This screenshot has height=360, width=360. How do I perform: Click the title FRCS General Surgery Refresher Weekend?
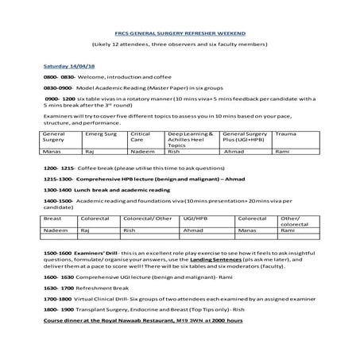tap(180, 33)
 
